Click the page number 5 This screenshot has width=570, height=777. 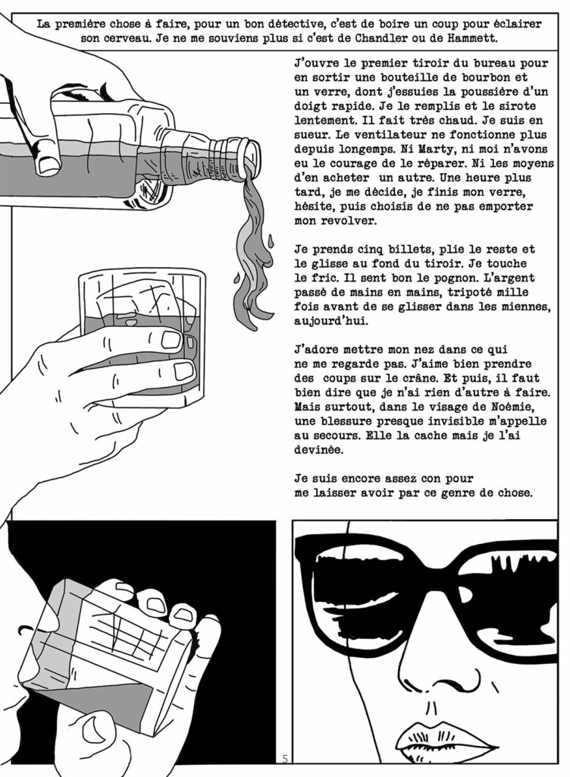pos(285,758)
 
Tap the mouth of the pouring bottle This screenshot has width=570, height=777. pos(250,157)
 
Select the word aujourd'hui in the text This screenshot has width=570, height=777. pos(331,321)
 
